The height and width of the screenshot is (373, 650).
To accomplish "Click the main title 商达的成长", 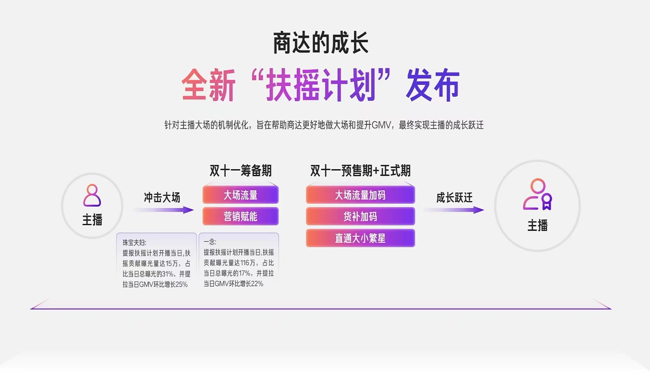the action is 321,43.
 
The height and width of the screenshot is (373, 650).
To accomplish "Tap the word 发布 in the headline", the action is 433,85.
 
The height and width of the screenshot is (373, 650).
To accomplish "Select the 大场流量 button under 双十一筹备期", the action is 241,195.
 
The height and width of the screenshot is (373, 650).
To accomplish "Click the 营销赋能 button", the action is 241,217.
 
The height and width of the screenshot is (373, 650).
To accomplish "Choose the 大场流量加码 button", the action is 360,195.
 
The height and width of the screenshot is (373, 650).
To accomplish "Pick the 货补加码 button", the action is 360,217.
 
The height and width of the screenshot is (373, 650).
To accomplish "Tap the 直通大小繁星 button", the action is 360,238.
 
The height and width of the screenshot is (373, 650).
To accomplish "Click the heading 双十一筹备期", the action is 241,171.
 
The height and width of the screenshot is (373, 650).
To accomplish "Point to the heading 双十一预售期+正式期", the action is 360,171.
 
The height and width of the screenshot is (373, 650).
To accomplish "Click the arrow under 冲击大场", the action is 164,210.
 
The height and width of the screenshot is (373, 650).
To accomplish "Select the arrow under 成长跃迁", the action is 454,210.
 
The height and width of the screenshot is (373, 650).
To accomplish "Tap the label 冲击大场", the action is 162,198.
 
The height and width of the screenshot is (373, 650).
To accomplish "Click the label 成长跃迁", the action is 454,198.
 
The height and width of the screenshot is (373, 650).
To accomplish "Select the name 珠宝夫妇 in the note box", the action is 133,243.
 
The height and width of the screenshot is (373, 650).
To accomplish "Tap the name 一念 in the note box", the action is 209,242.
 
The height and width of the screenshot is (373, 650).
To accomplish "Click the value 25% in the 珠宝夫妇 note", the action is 182,285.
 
